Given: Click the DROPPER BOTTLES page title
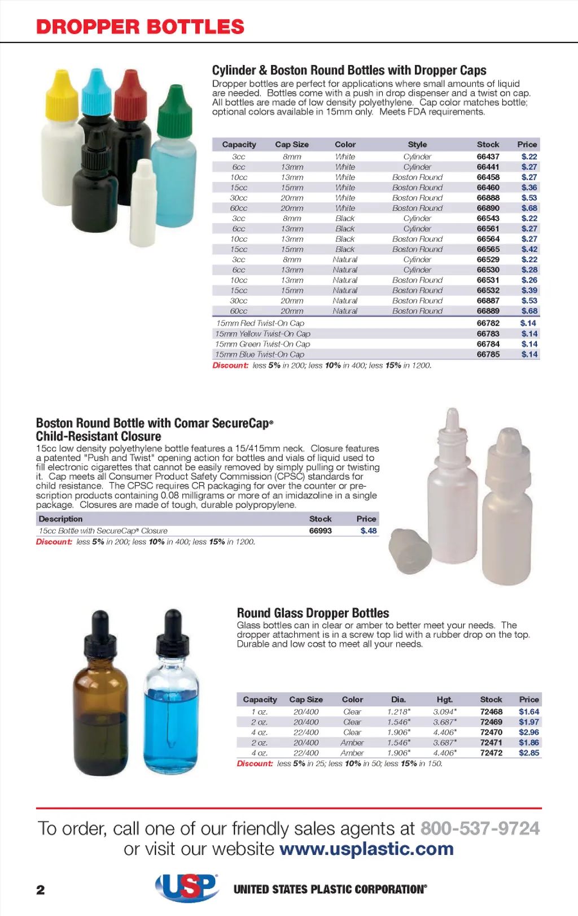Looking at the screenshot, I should pos(140,27).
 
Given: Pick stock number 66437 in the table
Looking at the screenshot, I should pos(488,157).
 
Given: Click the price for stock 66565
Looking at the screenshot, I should pos(529,249).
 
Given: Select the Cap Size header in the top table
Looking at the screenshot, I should pos(292,145).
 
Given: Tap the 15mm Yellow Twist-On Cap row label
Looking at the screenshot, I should pos(262,334).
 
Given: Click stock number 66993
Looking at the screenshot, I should pos(320,531).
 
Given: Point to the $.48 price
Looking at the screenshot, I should pos(369,531).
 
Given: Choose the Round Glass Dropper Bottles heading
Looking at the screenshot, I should pos(313,613).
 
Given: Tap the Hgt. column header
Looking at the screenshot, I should pos(444,700).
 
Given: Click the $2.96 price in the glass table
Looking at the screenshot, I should pos(529,732).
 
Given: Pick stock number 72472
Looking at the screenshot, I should pos(491,753).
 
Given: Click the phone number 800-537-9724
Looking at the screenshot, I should pos(480,828).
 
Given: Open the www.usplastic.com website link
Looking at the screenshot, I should pos(366,849).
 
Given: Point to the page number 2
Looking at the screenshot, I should pos(41,890).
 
